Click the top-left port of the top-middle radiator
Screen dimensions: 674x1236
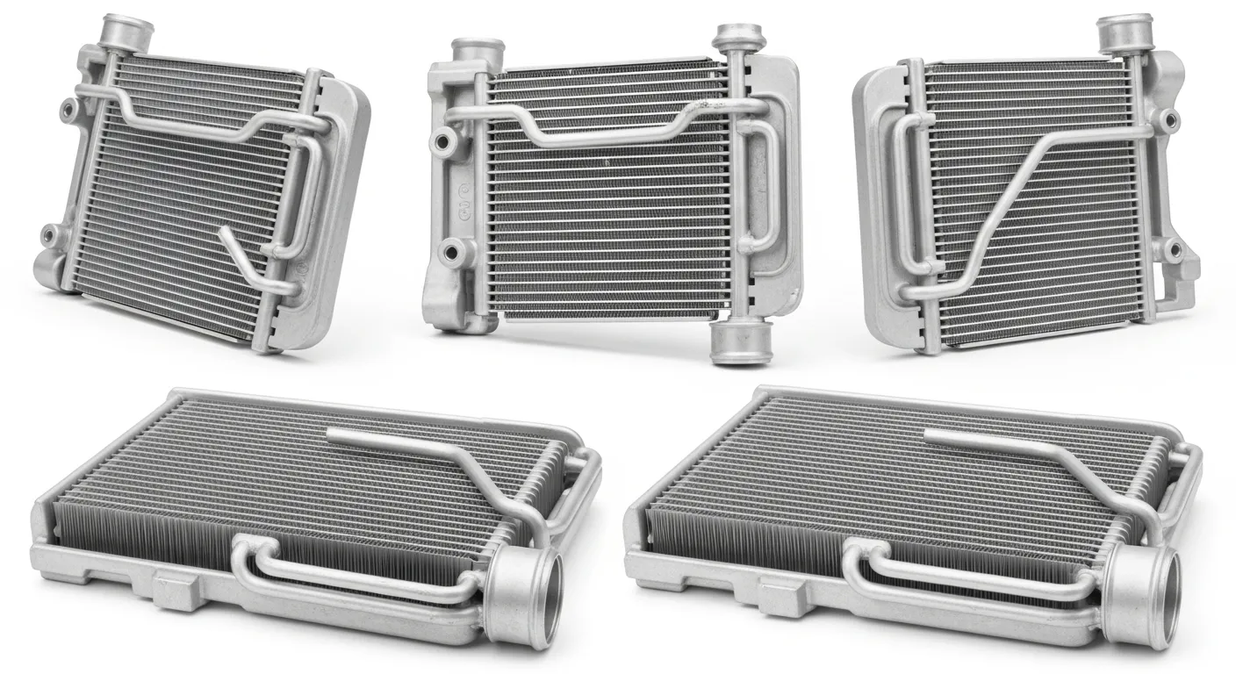coord(477,55)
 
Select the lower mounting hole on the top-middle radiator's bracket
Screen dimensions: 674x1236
coord(455,252)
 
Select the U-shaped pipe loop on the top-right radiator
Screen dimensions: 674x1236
coord(904,193)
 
